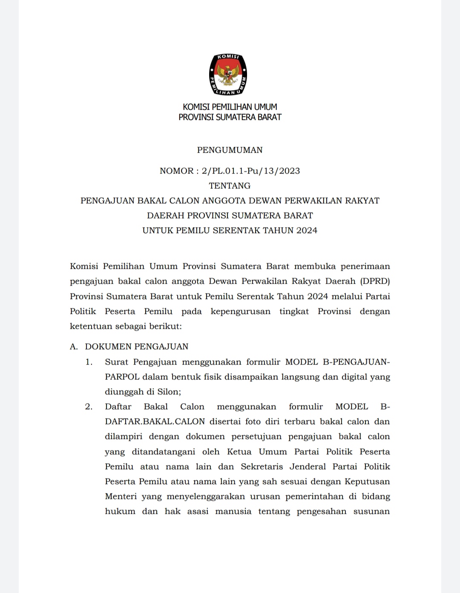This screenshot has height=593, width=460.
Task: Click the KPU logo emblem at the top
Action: pos(228,75)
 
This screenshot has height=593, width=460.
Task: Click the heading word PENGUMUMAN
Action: pos(230,150)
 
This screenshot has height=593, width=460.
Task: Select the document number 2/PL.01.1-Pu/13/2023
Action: pos(251,171)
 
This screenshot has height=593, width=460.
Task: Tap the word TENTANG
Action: pos(230,186)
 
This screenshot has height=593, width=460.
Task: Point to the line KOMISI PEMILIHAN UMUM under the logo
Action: pos(230,107)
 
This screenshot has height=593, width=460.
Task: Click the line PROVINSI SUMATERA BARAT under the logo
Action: pos(230,117)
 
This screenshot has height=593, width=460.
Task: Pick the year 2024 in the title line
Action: pos(307,231)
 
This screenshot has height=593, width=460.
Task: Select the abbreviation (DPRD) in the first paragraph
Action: pos(375,281)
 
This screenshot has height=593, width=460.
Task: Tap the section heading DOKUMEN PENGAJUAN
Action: pos(137,347)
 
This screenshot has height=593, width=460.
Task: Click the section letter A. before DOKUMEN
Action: pos(74,347)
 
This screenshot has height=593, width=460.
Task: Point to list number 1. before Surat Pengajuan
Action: pos(89,362)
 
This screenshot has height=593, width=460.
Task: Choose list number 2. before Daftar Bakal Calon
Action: pos(89,407)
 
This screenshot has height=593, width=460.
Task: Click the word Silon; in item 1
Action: pos(169,392)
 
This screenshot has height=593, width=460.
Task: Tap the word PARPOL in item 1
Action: pos(122,377)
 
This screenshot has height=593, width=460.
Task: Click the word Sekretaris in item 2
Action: pos(262,467)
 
